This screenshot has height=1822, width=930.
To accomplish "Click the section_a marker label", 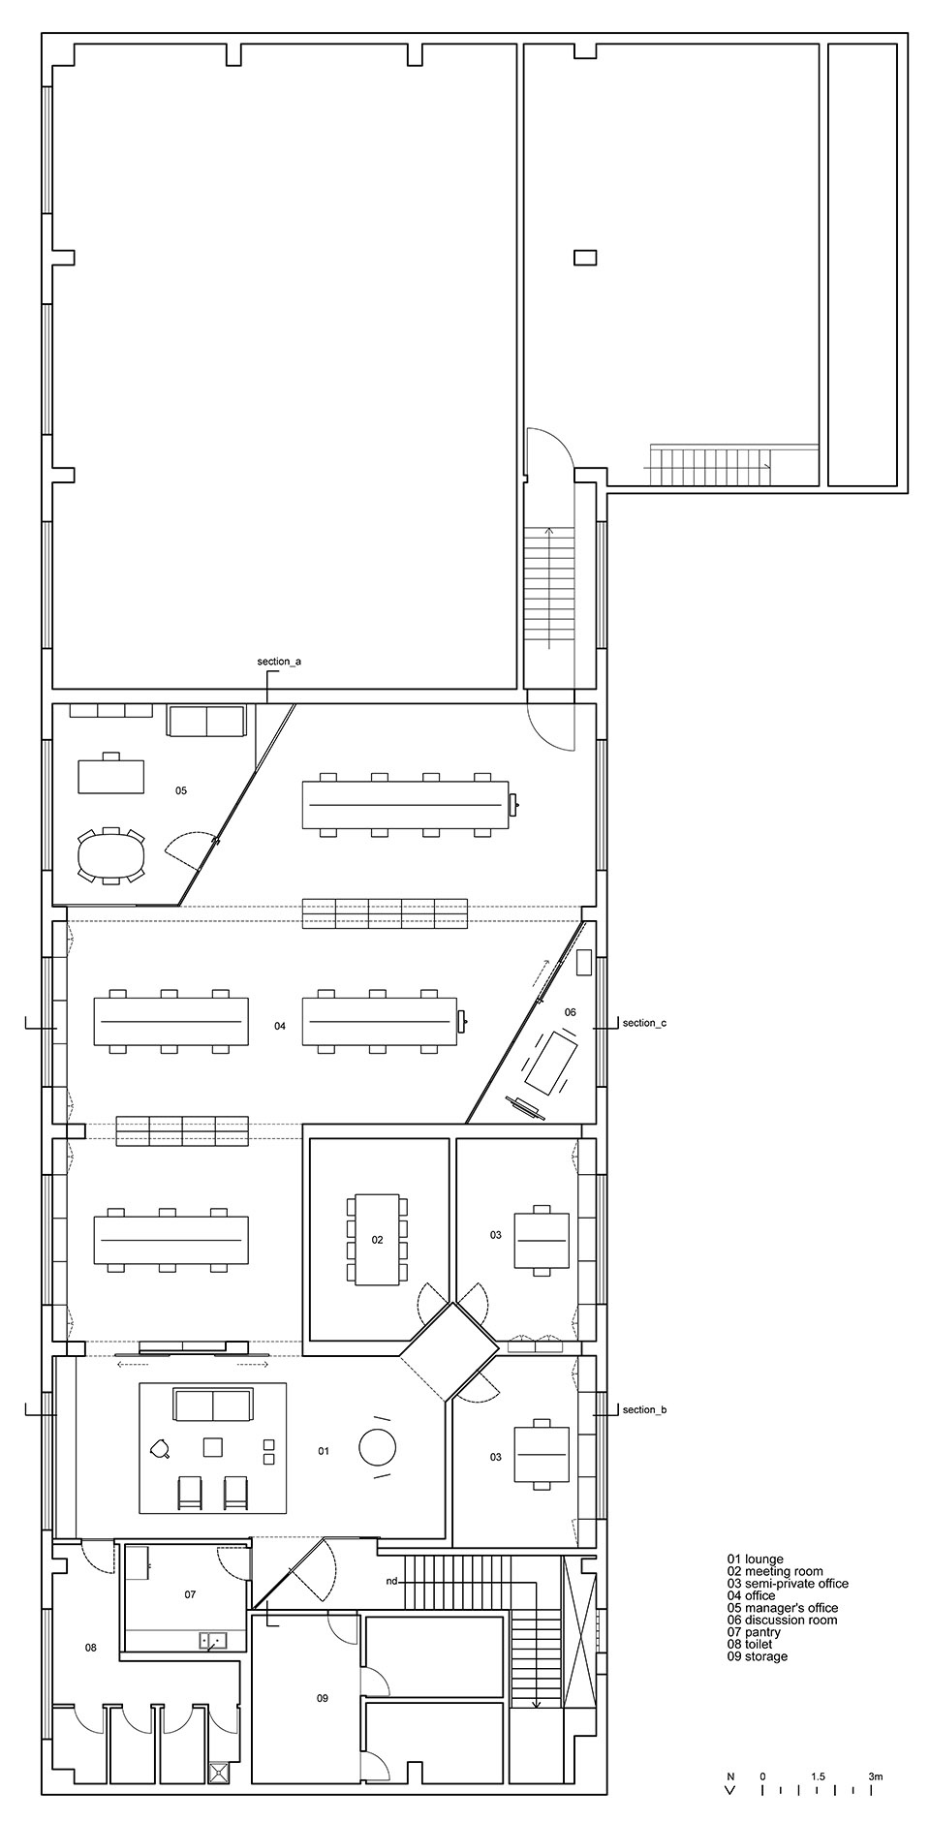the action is click(x=279, y=662).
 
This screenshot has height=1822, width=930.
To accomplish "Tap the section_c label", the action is click(x=644, y=1023).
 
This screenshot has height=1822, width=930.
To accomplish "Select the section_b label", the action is click(x=644, y=1409).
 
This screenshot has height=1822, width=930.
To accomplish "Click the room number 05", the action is click(x=181, y=790).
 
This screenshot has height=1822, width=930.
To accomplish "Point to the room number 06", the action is click(x=571, y=1012).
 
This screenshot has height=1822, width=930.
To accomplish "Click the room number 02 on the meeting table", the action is click(x=377, y=1239).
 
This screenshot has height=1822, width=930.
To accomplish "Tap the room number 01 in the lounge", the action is click(x=324, y=1451).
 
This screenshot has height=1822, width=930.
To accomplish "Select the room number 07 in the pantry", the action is click(x=190, y=1593).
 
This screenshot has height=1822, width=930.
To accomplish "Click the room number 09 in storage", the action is click(x=322, y=1697).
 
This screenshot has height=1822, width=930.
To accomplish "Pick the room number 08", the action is click(x=90, y=1647).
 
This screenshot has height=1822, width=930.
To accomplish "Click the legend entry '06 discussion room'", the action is click(x=782, y=1620).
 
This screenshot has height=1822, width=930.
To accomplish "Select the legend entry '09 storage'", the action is click(x=757, y=1656).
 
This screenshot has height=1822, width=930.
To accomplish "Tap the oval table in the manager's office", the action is click(x=110, y=856).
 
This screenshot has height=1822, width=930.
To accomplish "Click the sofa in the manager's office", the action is click(x=206, y=721).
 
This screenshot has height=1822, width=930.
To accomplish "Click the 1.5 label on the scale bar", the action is click(x=819, y=1776).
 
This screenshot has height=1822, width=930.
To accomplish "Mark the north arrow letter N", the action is click(x=731, y=1776).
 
